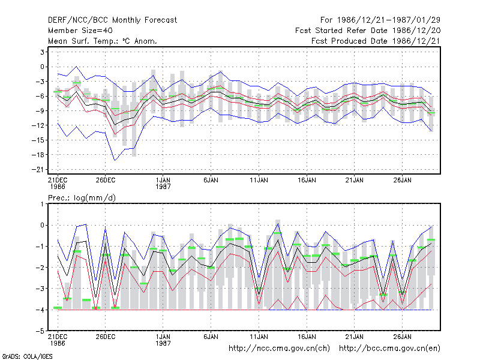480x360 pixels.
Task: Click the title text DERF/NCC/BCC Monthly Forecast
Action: pos(112,20)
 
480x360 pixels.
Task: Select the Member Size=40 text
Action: pos(80,31)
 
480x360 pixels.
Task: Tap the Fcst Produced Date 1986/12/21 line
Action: pos(376,41)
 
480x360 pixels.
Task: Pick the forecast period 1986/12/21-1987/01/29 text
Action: pos(380,20)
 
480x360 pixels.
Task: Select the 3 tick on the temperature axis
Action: pos(42,52)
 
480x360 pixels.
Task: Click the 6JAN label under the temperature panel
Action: pos(211,181)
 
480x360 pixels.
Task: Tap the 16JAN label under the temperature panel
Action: pos(307,181)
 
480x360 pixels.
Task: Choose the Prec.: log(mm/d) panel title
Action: pos(82,198)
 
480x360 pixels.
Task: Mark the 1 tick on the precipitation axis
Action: pos(42,204)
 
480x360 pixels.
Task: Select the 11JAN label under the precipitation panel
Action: pos(259,337)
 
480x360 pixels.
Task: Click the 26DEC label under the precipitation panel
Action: pos(106,337)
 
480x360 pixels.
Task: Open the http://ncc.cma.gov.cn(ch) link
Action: pos(279,349)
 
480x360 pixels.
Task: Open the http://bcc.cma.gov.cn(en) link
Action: pos(389,349)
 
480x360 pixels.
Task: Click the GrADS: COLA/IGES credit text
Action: pos(28,356)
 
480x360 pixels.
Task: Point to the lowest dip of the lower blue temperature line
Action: pos(115,160)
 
